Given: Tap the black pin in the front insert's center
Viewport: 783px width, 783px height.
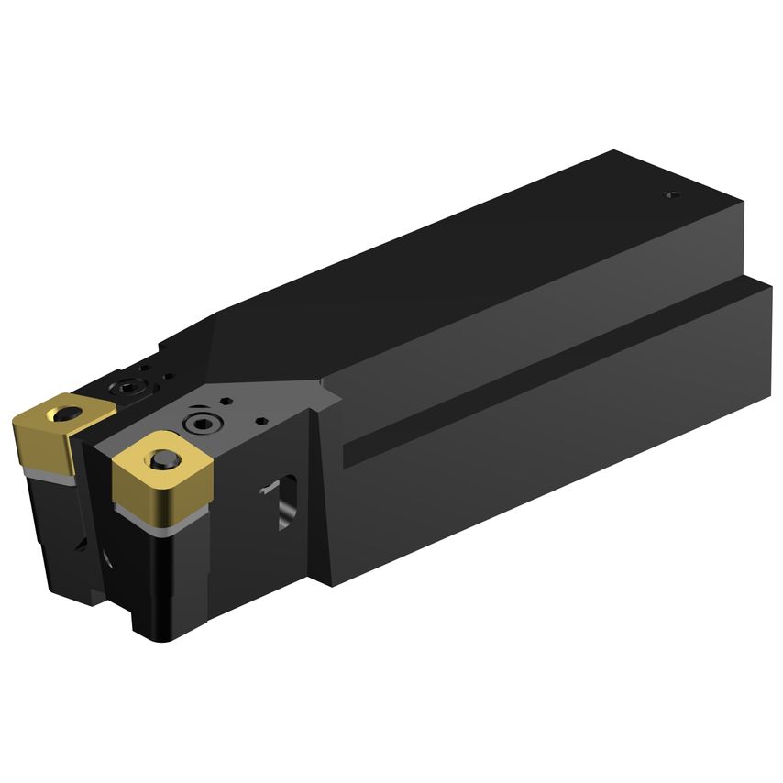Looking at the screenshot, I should coord(164,459).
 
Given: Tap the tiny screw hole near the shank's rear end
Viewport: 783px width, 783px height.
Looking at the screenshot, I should coord(671,194).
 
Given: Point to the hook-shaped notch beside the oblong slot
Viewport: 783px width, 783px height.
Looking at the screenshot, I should coord(269,491).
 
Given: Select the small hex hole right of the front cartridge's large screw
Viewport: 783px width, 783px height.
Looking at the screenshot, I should coord(262,422).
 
